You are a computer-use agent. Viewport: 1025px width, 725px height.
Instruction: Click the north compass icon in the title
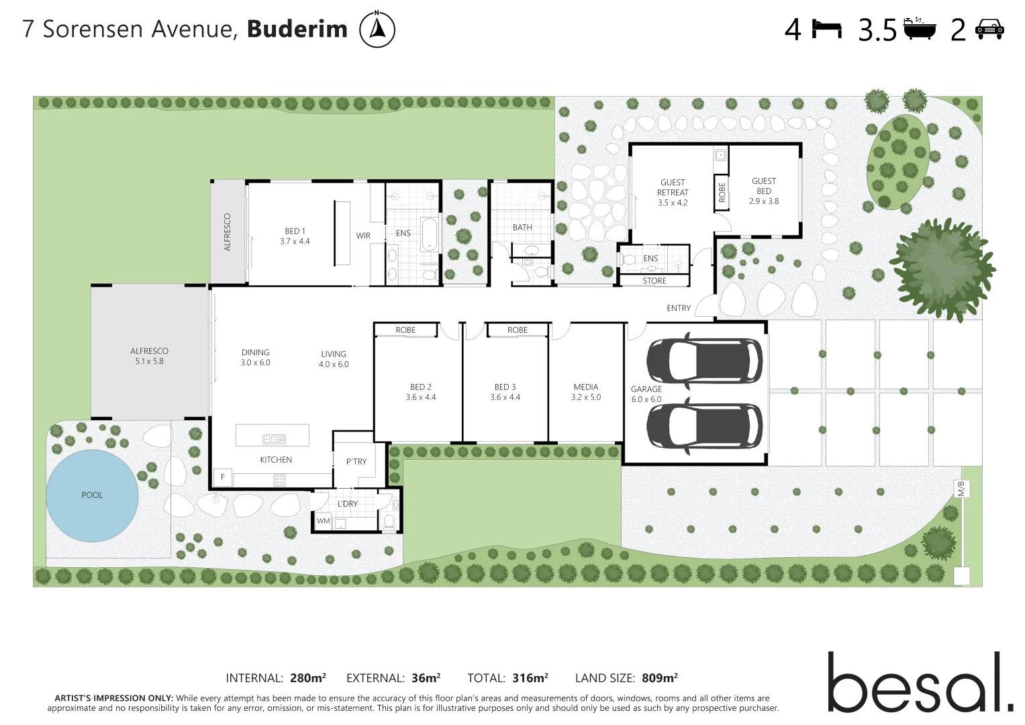tap(377, 30)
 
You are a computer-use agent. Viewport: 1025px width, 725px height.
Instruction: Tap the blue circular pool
tap(92, 495)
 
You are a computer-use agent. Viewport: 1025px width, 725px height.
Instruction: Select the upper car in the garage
tap(704, 360)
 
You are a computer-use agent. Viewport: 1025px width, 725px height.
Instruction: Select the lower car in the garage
tap(704, 425)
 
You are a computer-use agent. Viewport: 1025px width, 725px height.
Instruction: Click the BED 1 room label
tap(295, 236)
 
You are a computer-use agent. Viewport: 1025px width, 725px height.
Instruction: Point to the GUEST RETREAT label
tap(673, 192)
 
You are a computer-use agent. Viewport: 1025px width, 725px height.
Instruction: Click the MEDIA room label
tap(586, 392)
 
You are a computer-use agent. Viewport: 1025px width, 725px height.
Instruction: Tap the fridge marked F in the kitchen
tap(223, 477)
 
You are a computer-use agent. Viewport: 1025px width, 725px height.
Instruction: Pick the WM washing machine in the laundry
tap(324, 521)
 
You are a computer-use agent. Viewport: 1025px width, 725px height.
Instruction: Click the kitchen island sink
tap(274, 439)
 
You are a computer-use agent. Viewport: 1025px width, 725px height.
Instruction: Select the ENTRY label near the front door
tap(679, 308)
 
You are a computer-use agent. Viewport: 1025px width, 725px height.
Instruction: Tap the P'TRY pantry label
tap(356, 462)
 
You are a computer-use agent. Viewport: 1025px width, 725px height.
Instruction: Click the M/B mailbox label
tap(961, 489)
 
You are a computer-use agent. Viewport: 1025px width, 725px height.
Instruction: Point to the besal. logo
tap(920, 683)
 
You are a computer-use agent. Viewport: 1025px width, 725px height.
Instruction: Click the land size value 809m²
tap(660, 678)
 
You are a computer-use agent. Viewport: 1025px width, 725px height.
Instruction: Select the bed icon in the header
tap(826, 29)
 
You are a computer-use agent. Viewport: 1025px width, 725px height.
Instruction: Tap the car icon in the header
tap(989, 29)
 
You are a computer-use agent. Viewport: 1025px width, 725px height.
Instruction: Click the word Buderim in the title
tap(297, 30)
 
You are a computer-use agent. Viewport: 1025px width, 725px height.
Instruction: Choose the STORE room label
tap(654, 281)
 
